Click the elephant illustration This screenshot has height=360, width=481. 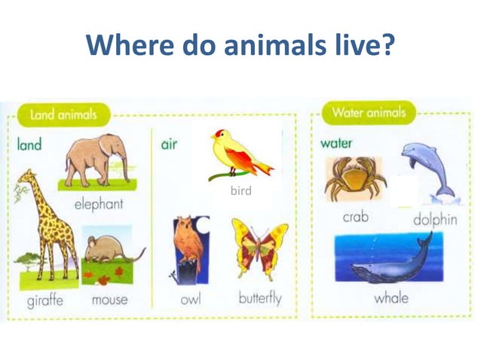point(97,161)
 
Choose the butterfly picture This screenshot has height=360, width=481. point(259,248)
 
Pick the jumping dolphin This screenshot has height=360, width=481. point(427,169)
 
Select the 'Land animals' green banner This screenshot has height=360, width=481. point(63,115)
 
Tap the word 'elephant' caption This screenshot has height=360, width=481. point(99,204)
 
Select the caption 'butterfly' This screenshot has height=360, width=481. point(259,298)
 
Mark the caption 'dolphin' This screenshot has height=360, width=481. point(435,220)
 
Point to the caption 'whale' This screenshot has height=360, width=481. point(391,297)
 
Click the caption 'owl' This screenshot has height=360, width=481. point(191,299)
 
